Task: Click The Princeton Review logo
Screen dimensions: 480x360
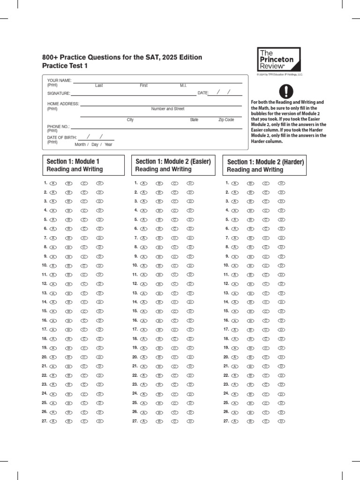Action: (278, 60)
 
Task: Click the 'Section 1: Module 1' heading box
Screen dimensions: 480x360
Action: (83, 165)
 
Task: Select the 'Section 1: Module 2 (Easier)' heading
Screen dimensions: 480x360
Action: (173, 165)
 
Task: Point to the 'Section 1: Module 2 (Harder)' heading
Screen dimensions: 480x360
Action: (265, 165)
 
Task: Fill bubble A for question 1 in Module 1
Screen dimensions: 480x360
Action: (53, 183)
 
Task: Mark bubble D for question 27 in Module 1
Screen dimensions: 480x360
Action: (99, 421)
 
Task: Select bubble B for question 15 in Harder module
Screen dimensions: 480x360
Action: (251, 312)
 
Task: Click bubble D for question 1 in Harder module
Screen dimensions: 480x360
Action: (281, 183)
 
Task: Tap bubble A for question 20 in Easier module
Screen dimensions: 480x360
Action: (144, 357)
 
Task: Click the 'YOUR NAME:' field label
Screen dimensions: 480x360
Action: (59, 81)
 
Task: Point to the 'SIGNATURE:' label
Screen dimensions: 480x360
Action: (59, 93)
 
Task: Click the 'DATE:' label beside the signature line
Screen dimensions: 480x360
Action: (202, 93)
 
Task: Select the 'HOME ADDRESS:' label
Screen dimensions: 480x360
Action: (63, 104)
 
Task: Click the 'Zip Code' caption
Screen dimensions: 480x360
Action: (226, 120)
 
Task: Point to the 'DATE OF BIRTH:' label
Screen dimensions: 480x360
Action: (62, 137)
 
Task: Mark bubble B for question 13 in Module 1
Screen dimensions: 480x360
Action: (69, 293)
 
